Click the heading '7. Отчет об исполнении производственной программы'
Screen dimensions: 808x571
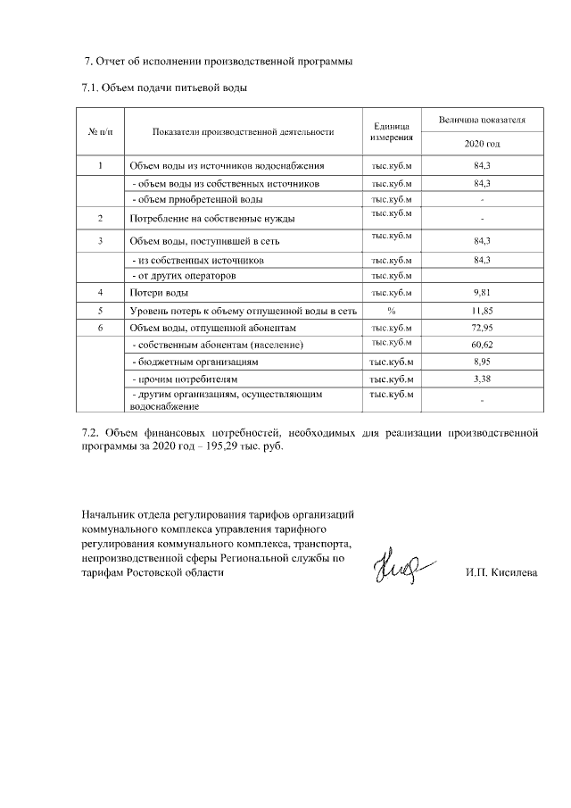pos(219,62)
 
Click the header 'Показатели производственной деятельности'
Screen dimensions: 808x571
pos(243,131)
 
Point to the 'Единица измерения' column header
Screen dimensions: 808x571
pos(391,132)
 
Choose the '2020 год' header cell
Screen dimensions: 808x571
pos(482,143)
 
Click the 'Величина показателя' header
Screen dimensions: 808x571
pos(482,119)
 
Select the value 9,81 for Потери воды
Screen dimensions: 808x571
pos(482,293)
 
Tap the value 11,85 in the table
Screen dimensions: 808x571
pos(482,311)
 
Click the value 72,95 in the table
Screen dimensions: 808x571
pos(482,328)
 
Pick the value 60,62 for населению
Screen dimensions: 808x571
pos(482,345)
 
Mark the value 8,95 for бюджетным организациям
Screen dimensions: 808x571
pos(482,362)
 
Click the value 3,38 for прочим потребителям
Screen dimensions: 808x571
pos(482,379)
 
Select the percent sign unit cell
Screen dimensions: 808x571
pos(391,311)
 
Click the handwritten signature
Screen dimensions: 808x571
pos(401,566)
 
